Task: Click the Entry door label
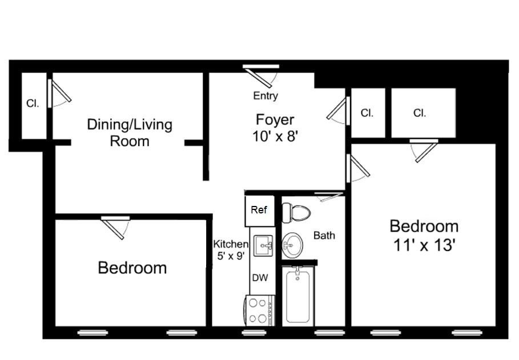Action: pyautogui.click(x=265, y=96)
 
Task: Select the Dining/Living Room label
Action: pyautogui.click(x=130, y=132)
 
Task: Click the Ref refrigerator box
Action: pyautogui.click(x=259, y=210)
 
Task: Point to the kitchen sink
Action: pyautogui.click(x=264, y=245)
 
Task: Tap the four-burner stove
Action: pyautogui.click(x=260, y=311)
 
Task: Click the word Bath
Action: pyautogui.click(x=324, y=235)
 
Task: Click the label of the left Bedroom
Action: pyautogui.click(x=132, y=268)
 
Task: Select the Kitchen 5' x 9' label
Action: pyautogui.click(x=230, y=250)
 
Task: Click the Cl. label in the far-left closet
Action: pyautogui.click(x=33, y=104)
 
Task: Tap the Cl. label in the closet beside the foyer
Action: pyautogui.click(x=367, y=113)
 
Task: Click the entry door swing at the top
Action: pyautogui.click(x=263, y=75)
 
